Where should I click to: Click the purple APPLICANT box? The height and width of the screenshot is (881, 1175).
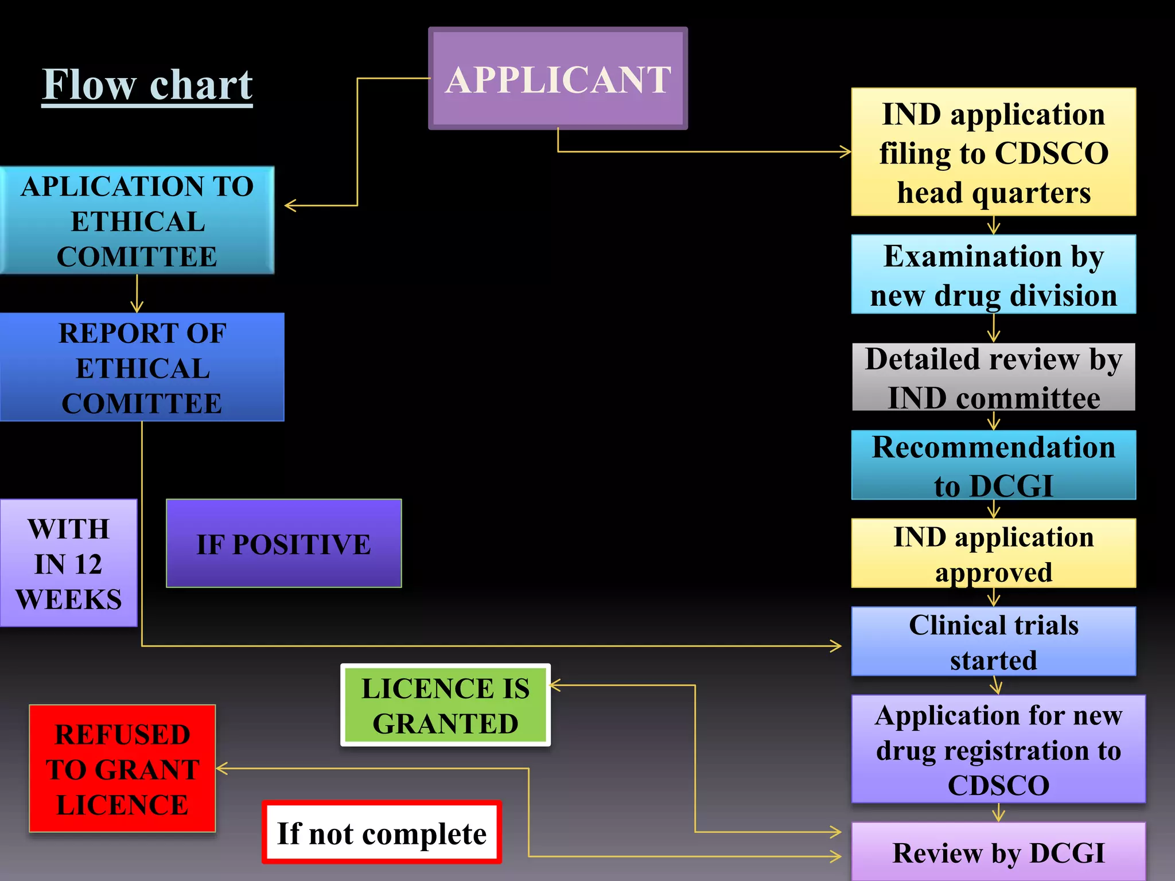tap(558, 79)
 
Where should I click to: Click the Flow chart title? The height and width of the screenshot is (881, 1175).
tap(147, 85)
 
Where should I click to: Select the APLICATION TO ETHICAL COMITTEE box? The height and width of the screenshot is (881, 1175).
tap(137, 221)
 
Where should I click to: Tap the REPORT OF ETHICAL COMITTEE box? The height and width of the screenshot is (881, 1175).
tap(142, 368)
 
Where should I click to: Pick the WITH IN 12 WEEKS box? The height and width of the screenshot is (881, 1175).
tap(68, 563)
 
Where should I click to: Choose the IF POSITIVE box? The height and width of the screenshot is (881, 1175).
tap(283, 544)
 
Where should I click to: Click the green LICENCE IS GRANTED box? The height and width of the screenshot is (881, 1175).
tap(445, 705)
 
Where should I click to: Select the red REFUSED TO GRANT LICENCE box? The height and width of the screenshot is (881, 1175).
tap(122, 769)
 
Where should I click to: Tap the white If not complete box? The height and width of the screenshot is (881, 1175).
tap(382, 833)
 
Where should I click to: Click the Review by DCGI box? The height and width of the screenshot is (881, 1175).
tap(998, 852)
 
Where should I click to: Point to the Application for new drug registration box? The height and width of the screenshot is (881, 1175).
tap(998, 749)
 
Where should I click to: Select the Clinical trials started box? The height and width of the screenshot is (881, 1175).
tap(994, 642)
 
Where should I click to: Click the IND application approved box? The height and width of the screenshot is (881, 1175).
tap(994, 553)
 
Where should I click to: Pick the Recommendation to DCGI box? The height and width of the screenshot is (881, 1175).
tap(994, 465)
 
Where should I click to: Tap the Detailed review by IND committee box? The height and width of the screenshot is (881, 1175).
tap(994, 377)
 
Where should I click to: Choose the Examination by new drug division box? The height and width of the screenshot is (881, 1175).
tap(994, 275)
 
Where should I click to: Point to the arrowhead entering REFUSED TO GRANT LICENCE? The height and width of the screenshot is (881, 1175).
tap(221, 769)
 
